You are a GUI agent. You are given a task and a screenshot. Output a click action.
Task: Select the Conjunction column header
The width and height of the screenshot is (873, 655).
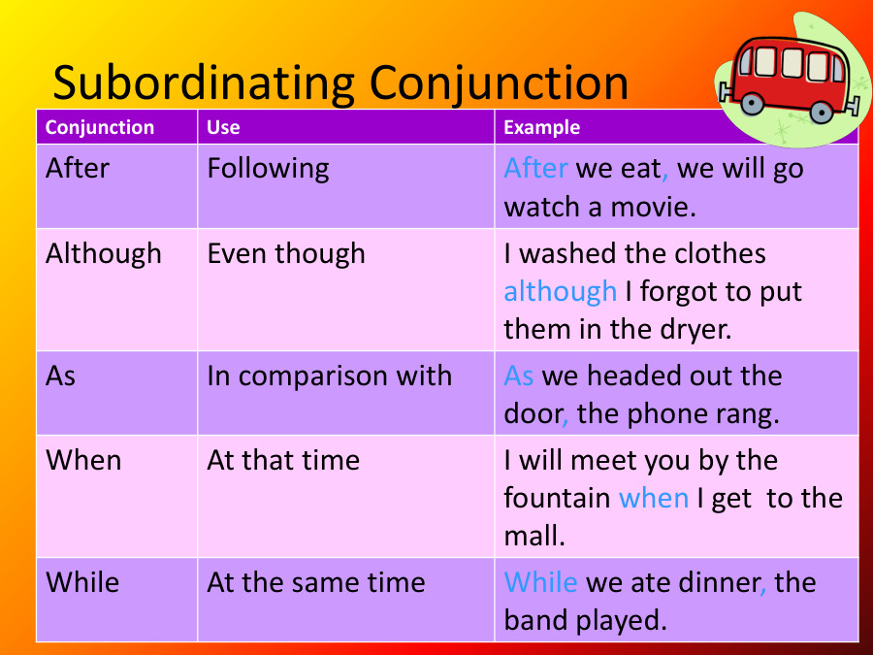click(100, 127)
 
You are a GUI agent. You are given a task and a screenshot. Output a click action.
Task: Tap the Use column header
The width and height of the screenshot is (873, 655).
click(223, 127)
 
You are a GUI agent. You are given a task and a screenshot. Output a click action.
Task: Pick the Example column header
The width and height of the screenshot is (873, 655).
click(542, 127)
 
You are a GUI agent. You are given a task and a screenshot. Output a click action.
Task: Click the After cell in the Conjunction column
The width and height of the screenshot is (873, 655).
click(78, 168)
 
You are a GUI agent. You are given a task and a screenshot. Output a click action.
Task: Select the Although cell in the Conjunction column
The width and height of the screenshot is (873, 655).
click(104, 253)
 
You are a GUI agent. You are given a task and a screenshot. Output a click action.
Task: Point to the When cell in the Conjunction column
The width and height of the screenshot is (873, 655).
click(83, 459)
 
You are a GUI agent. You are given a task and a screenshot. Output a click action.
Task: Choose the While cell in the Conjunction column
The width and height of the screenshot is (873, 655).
click(82, 582)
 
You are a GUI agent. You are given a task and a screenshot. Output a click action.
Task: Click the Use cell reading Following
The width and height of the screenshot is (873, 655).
click(268, 168)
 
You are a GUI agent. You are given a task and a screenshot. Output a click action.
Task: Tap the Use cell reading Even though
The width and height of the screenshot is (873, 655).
click(286, 253)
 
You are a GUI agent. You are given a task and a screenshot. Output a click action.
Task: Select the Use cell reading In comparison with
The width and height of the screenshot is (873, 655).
click(329, 376)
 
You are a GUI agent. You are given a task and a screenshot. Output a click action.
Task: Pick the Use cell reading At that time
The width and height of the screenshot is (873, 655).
click(283, 459)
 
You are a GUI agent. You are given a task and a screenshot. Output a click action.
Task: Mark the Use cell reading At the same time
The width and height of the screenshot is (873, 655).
click(316, 582)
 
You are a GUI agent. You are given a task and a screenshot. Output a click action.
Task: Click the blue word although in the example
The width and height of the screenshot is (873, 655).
click(560, 291)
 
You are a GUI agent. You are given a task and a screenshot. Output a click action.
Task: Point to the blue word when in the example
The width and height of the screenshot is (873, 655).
click(653, 498)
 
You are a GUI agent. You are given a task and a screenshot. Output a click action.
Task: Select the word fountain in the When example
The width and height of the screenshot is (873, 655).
click(557, 498)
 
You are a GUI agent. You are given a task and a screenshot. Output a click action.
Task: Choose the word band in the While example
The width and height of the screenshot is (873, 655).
click(534, 620)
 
